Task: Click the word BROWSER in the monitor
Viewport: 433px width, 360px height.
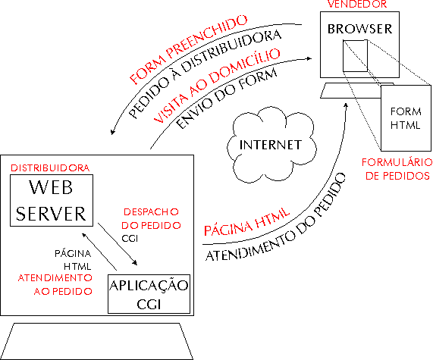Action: pos(359,29)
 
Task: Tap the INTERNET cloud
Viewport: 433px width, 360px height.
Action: pos(271,145)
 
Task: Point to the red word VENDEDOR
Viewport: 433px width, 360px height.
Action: pos(357,4)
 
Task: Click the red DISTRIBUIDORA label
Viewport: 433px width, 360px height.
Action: pos(50,168)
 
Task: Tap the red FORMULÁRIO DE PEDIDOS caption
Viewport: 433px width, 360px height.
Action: pos(397,169)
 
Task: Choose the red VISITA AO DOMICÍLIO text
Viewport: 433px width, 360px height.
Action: pos(217,86)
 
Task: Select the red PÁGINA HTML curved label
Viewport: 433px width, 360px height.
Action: pos(246,222)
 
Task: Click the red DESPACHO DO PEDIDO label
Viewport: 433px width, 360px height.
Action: pos(151,218)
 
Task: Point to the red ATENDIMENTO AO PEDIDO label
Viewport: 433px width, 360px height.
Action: pos(55,284)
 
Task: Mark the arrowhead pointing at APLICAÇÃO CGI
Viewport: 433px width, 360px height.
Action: pos(135,263)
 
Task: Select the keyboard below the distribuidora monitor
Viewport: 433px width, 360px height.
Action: pos(96,341)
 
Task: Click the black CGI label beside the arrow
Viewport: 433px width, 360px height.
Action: pos(130,238)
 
